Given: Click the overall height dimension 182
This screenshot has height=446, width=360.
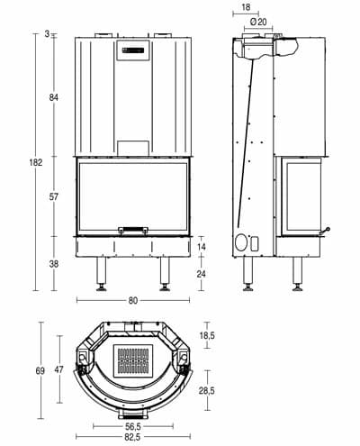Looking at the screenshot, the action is (x=36, y=162).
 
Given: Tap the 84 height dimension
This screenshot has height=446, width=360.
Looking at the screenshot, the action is (x=54, y=97).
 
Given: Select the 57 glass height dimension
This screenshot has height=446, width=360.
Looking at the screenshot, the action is (x=54, y=197).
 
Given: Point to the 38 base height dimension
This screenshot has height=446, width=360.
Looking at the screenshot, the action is (x=54, y=264).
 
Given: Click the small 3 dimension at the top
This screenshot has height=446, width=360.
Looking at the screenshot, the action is (x=47, y=34).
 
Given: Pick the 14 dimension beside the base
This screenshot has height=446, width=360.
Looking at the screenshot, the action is (x=202, y=247).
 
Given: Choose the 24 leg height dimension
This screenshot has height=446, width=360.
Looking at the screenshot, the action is (x=202, y=274).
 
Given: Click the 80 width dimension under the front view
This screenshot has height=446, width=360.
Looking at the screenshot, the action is (x=133, y=300).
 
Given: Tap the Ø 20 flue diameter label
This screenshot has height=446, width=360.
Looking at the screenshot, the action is (x=258, y=22).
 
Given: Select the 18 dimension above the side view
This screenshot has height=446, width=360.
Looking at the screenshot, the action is (x=246, y=7).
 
